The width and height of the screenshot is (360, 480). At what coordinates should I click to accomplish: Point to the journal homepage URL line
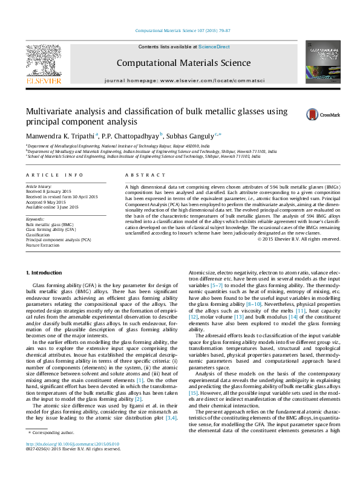[x=179, y=80]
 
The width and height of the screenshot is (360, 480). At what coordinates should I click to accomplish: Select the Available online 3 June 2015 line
[x=51, y=207]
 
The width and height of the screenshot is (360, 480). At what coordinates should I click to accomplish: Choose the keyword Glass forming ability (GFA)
[x=50, y=230]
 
